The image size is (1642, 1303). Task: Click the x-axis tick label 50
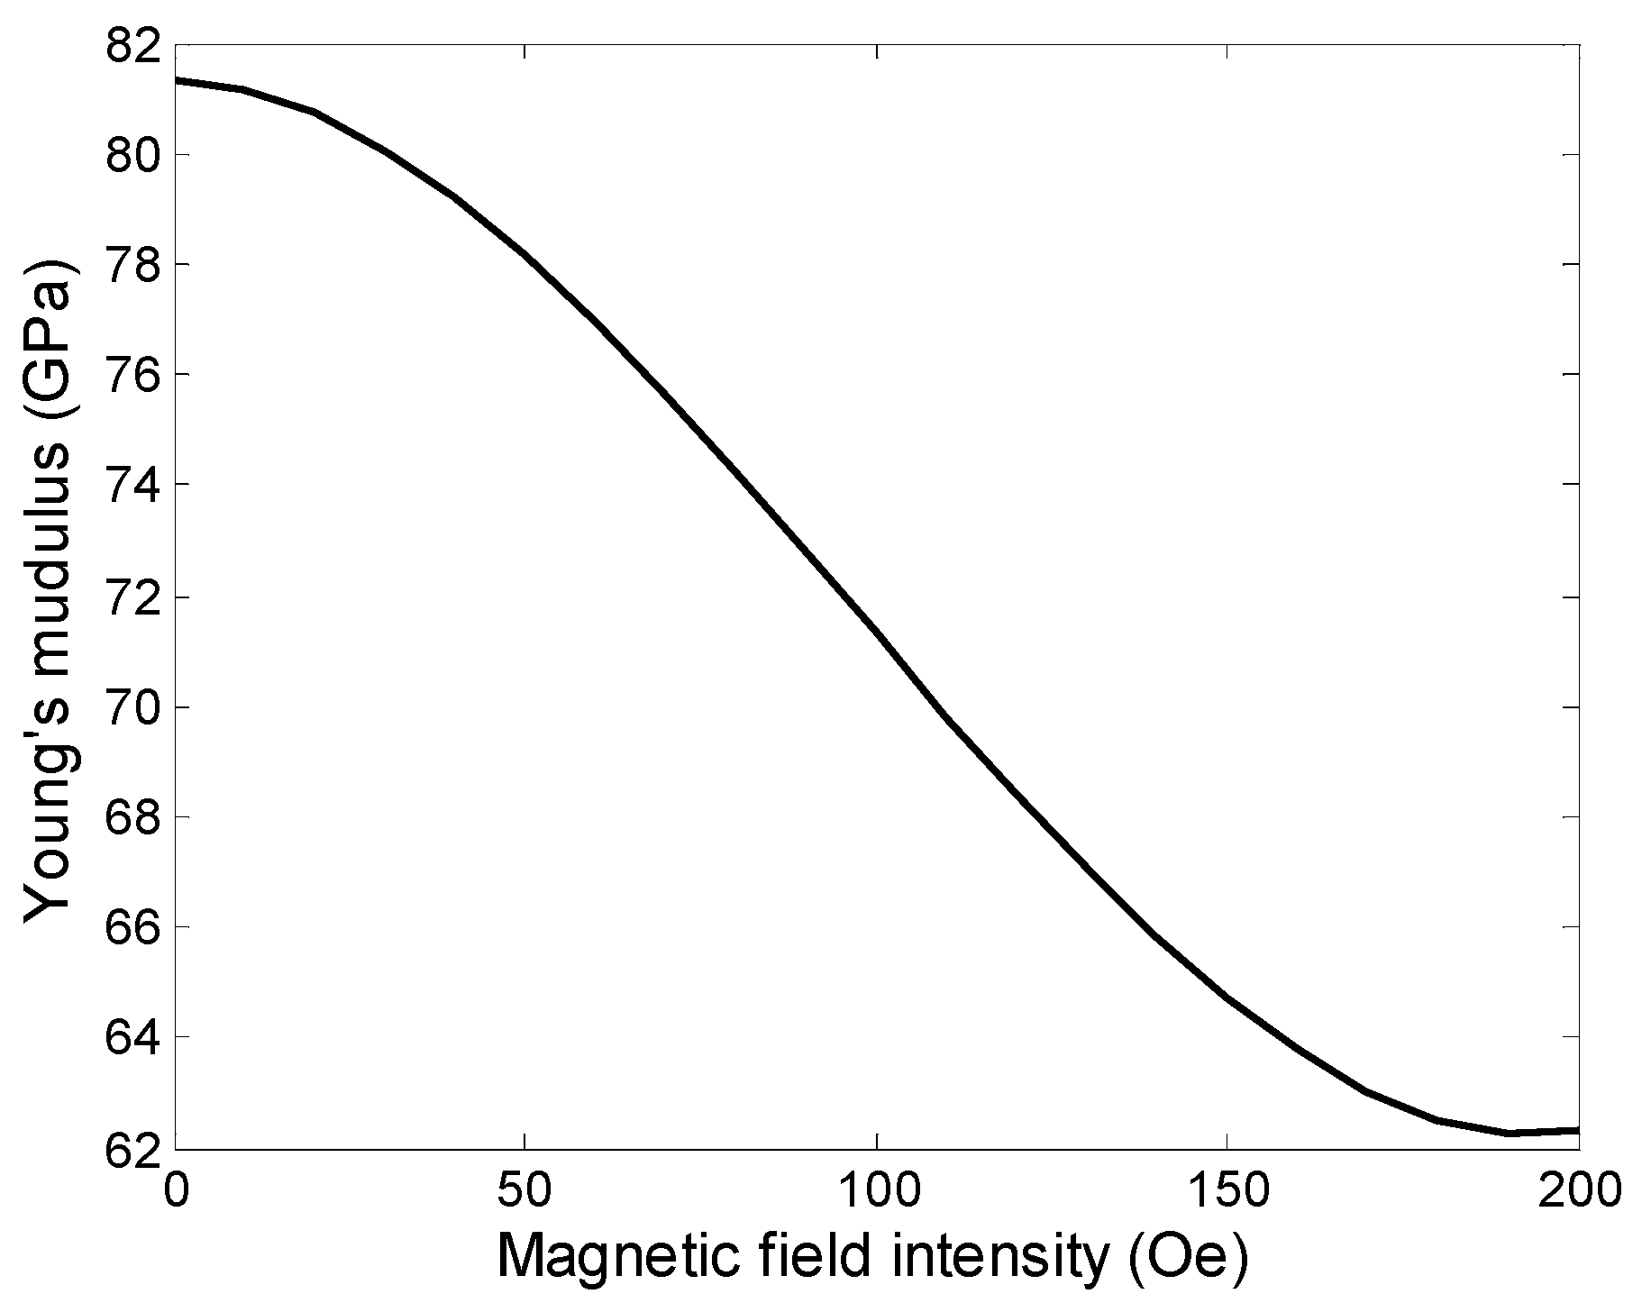pyautogui.click(x=525, y=1190)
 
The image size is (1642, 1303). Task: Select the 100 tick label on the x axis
pyautogui.click(x=876, y=1190)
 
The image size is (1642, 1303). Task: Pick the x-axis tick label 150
pyautogui.click(x=1227, y=1190)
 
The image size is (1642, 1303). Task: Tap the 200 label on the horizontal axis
pyautogui.click(x=1577, y=1190)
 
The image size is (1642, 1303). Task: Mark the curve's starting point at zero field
pyautogui.click(x=176, y=80)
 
